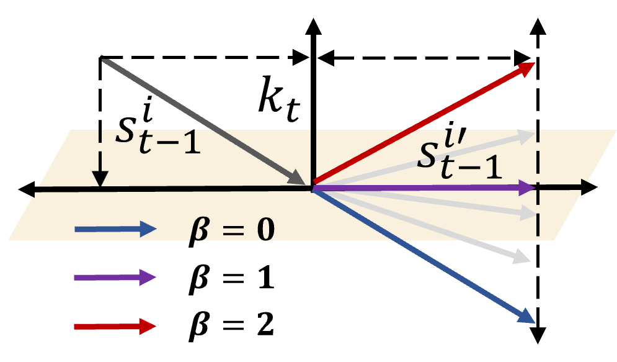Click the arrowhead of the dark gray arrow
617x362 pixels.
[x=300, y=179]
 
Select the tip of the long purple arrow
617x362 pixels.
[x=533, y=187]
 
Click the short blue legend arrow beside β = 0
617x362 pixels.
[x=115, y=229]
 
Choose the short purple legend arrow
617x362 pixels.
[x=115, y=277]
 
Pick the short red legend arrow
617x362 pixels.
[x=115, y=326]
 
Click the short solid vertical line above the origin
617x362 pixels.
[x=314, y=155]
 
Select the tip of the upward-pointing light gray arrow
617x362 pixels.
[x=533, y=135]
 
